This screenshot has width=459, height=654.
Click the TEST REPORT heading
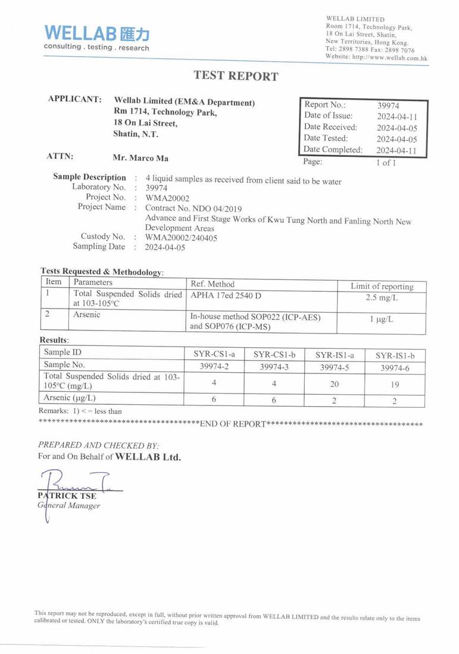(x=236, y=76)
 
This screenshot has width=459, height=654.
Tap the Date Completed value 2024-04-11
(x=396, y=150)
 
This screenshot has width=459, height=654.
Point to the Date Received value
(x=396, y=128)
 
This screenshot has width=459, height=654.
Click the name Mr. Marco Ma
(x=140, y=158)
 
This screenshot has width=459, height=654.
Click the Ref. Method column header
(x=213, y=284)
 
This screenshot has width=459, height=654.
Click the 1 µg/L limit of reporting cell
(x=382, y=319)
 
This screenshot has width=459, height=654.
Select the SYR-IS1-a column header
(x=335, y=355)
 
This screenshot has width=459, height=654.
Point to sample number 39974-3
(x=274, y=367)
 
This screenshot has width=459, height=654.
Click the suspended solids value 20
(x=335, y=384)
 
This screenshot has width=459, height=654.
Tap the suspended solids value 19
(x=395, y=385)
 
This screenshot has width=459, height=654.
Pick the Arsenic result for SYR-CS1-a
(x=214, y=400)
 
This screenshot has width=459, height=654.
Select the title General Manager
(x=69, y=506)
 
